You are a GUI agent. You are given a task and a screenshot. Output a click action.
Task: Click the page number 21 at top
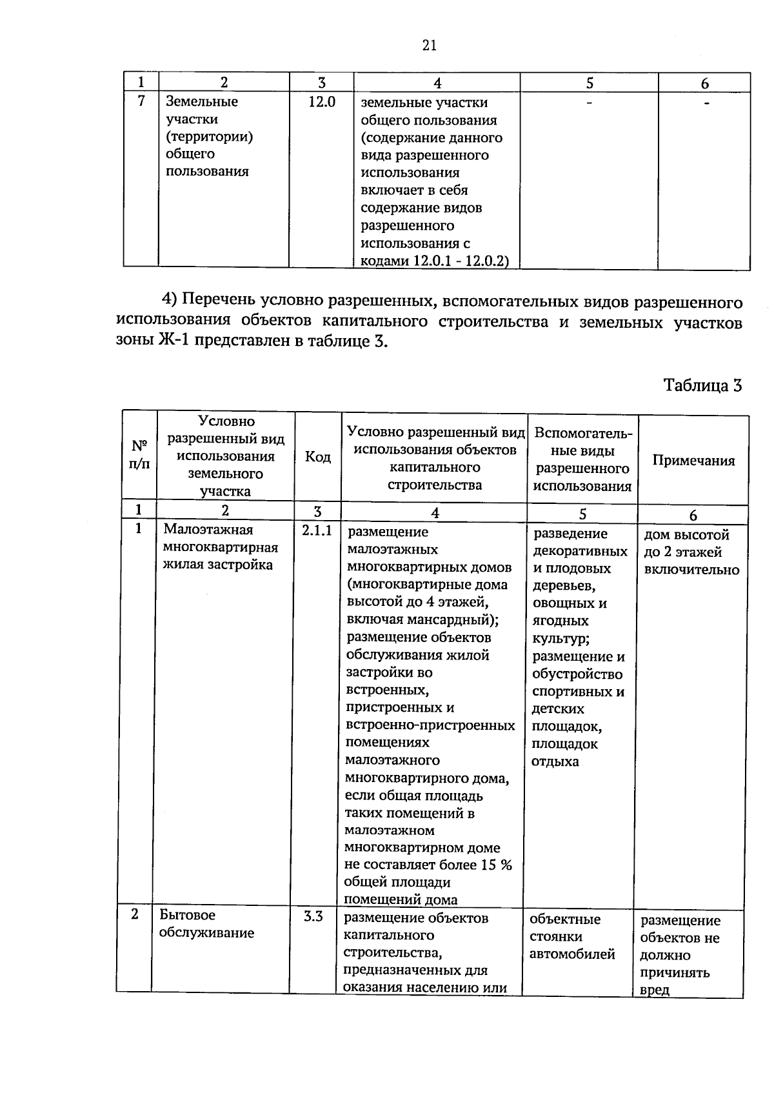[430, 45]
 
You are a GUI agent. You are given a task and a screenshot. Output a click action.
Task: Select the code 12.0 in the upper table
[321, 102]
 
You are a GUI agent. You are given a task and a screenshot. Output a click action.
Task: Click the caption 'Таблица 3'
[702, 386]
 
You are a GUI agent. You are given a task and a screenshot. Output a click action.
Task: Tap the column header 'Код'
[317, 457]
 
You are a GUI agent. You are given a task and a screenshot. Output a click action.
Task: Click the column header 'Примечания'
[693, 460]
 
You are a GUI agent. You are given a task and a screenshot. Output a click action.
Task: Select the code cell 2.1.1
[317, 530]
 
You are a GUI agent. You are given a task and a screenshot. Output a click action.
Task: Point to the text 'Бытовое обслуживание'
[206, 924]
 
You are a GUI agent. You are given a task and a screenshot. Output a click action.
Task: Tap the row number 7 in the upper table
[142, 101]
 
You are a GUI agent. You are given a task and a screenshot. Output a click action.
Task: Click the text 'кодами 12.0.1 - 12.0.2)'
[435, 261]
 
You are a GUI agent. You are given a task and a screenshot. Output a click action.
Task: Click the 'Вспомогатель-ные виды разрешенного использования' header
[582, 459]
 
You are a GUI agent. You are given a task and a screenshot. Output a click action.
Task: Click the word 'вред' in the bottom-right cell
[655, 990]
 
